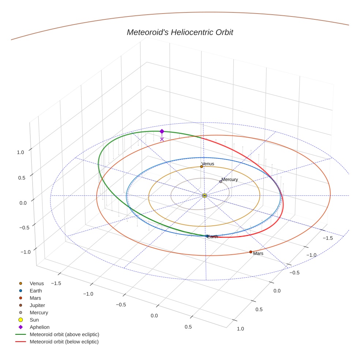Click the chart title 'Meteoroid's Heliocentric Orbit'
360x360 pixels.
pyautogui.click(x=180, y=32)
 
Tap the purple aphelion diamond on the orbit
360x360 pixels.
pyautogui.click(x=162, y=131)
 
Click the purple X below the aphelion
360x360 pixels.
pyautogui.click(x=162, y=139)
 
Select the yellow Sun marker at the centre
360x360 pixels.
pyautogui.click(x=205, y=196)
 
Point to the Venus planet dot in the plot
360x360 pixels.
pyautogui.click(x=201, y=166)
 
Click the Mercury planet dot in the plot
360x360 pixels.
pyautogui.click(x=221, y=181)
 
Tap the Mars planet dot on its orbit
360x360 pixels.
pyautogui.click(x=251, y=252)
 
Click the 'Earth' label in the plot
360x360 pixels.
pyautogui.click(x=213, y=237)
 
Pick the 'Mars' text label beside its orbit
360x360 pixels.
pyautogui.click(x=258, y=254)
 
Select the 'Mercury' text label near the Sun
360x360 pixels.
pyautogui.click(x=230, y=180)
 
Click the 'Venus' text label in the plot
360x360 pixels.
pyautogui.click(x=208, y=164)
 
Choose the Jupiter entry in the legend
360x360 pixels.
pyautogui.click(x=37, y=305)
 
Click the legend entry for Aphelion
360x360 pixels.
pyautogui.click(x=39, y=327)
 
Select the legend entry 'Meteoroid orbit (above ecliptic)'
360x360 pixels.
pyautogui.click(x=64, y=334)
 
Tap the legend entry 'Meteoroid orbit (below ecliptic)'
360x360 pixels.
pyautogui.click(x=64, y=342)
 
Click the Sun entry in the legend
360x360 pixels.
pyautogui.click(x=34, y=320)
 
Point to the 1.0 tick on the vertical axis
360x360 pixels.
pyautogui.click(x=20, y=152)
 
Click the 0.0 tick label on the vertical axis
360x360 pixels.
pyautogui.click(x=23, y=203)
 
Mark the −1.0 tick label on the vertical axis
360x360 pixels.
pyautogui.click(x=25, y=252)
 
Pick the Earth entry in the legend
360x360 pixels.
pyautogui.click(x=35, y=290)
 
